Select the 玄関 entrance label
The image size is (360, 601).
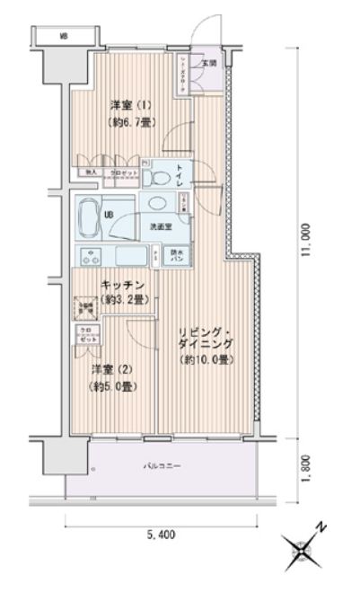207,64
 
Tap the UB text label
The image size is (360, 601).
109,216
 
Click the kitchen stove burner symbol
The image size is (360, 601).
92,256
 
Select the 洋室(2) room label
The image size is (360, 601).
106,368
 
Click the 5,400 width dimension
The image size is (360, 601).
162,536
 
